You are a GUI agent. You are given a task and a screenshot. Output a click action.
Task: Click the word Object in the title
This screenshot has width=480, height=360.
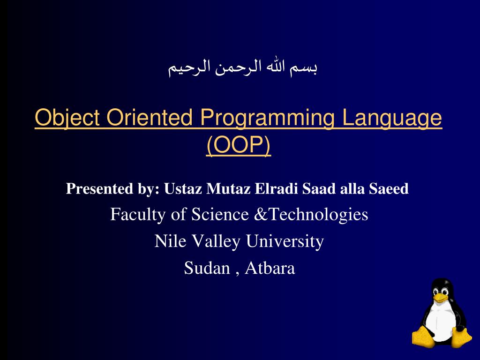click(x=67, y=118)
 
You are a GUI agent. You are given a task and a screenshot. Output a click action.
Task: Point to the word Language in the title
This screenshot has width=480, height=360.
click(x=392, y=118)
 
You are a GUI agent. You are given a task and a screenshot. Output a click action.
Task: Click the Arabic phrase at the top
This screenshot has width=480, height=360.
click(x=242, y=67)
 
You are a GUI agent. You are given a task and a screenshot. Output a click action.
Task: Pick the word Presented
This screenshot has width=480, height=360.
click(x=100, y=188)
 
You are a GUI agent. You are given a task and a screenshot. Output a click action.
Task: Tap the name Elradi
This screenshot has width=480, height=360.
click(x=276, y=188)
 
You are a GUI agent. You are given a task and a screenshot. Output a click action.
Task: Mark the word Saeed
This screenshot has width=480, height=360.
click(x=389, y=188)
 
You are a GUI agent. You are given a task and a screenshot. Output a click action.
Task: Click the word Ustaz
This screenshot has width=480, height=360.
click(x=183, y=188)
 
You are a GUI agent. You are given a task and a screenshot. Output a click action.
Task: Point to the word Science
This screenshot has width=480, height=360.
click(x=220, y=214)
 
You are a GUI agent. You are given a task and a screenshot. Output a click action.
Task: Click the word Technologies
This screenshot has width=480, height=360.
click(x=318, y=215)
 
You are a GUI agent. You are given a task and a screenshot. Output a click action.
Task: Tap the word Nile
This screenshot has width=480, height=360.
click(x=171, y=241)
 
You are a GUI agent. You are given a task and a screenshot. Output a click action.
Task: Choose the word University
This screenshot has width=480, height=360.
click(x=285, y=241)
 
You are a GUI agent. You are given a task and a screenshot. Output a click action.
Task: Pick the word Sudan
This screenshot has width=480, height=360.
click(x=207, y=268)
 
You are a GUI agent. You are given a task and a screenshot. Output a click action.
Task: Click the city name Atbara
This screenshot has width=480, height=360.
click(x=270, y=268)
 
